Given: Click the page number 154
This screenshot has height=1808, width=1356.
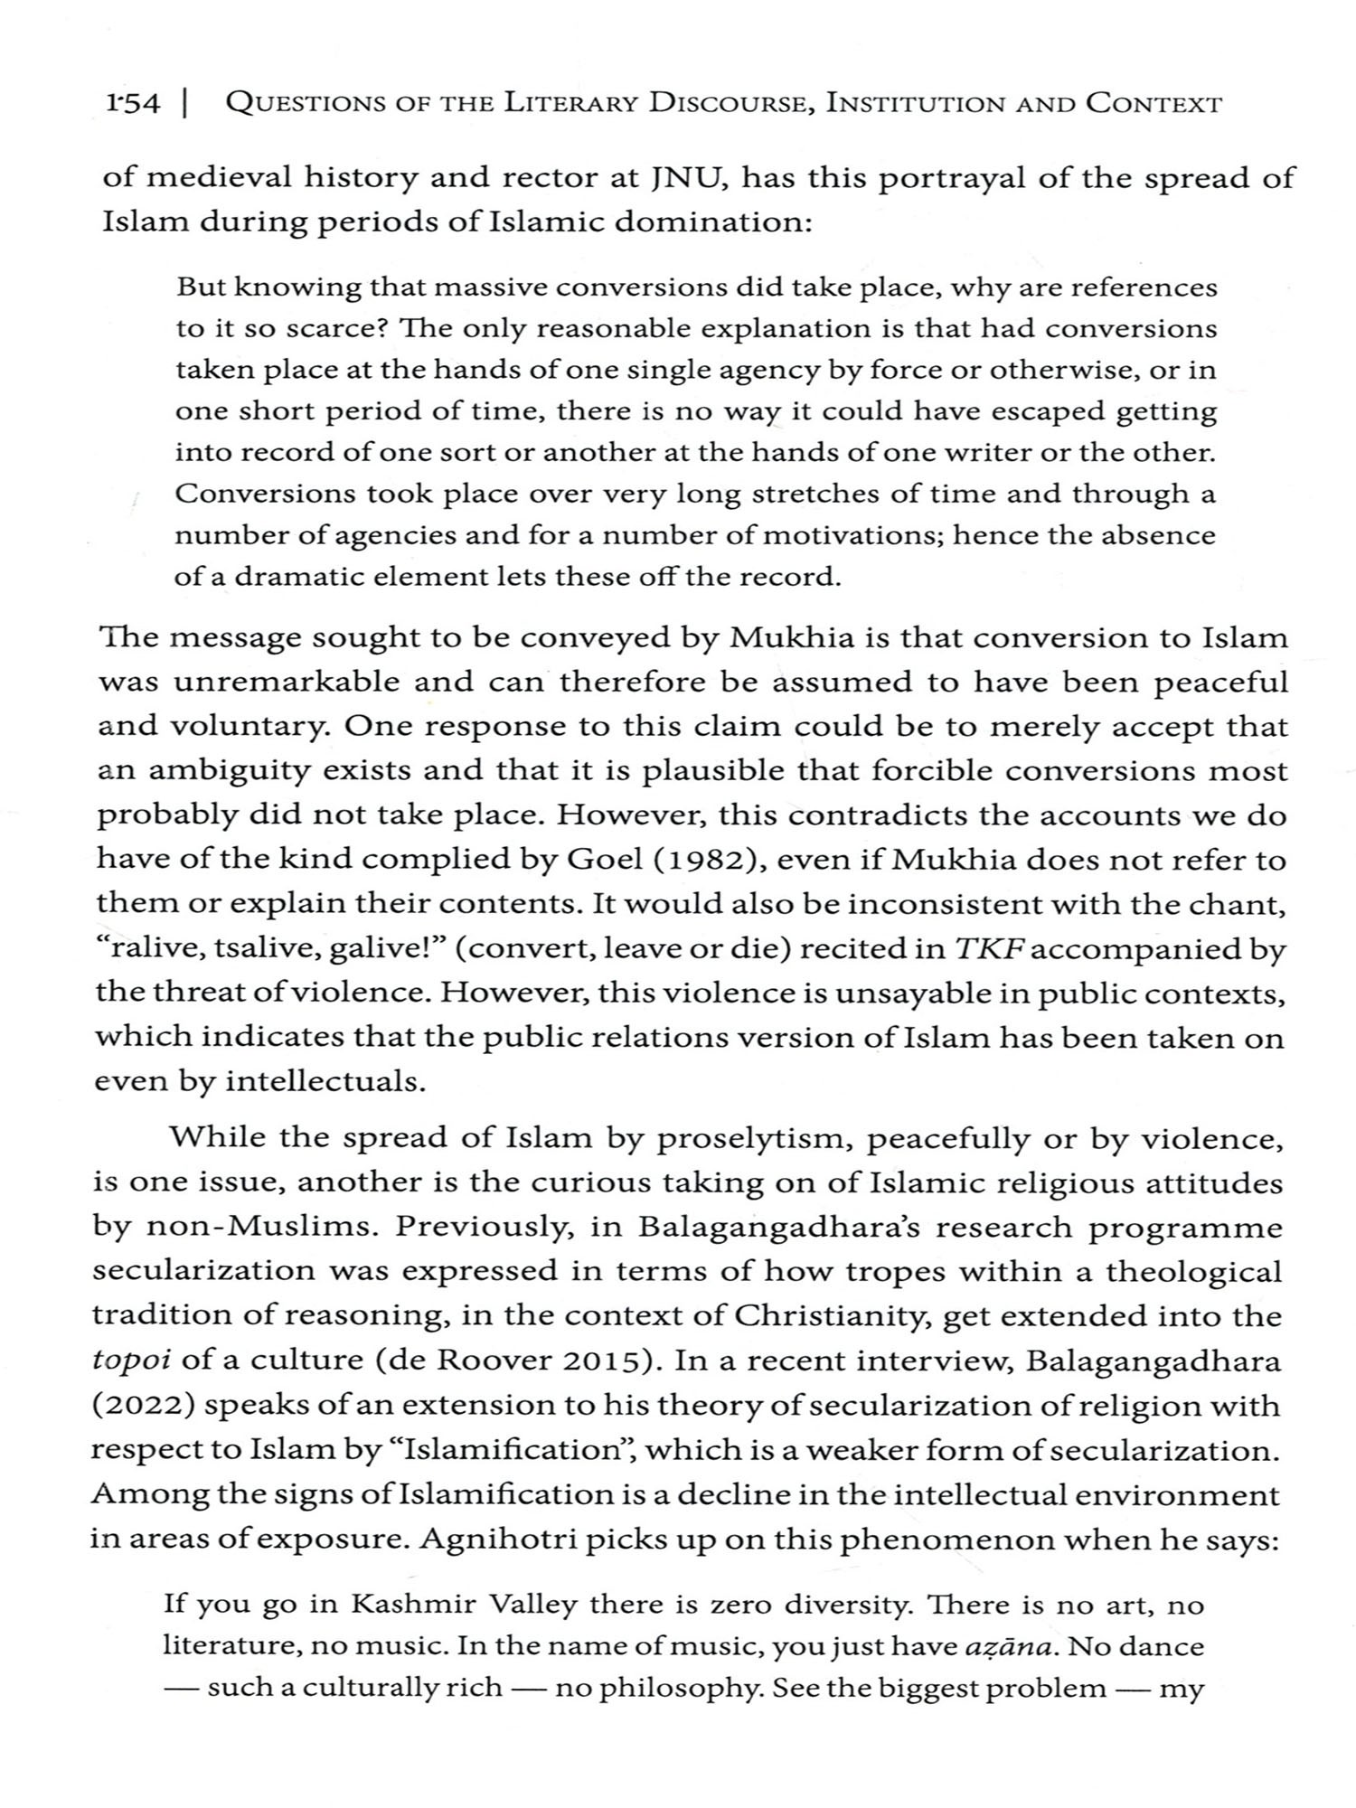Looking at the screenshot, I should point(132,104).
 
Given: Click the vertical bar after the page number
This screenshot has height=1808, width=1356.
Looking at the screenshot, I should point(184,104).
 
